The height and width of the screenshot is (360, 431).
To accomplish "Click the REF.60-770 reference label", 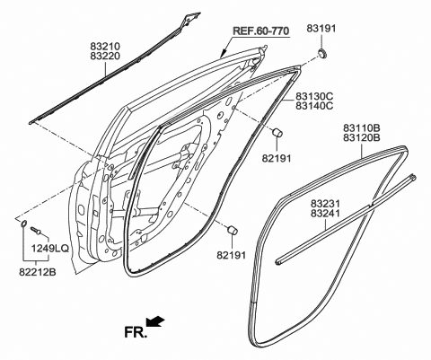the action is click(x=261, y=31).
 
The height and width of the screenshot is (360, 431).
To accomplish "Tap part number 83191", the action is click(x=321, y=29).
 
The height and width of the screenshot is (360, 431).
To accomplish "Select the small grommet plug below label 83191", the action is click(x=322, y=55).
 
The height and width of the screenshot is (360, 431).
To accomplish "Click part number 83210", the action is click(x=105, y=47).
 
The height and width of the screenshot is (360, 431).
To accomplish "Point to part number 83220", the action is click(x=105, y=56).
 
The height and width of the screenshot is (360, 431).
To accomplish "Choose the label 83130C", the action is click(x=314, y=96).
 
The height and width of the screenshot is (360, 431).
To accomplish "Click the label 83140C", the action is click(x=314, y=106).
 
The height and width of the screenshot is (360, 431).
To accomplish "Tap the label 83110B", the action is click(x=362, y=128).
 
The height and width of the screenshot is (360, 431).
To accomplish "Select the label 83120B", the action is click(x=362, y=137).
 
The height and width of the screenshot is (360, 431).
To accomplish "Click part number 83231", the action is click(x=325, y=204).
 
